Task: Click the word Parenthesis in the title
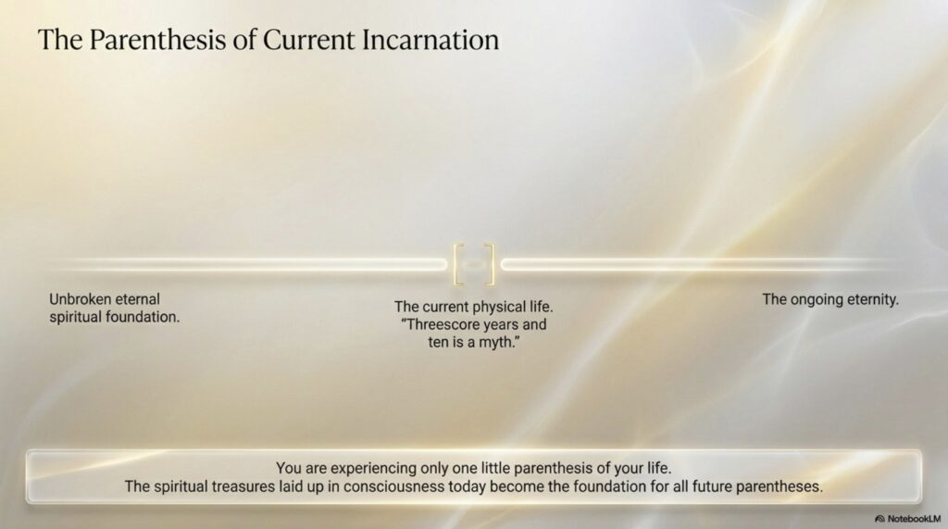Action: [157, 41]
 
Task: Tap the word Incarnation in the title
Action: [430, 40]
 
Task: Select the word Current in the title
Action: [309, 40]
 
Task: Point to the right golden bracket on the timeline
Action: [490, 264]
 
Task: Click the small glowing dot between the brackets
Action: [475, 264]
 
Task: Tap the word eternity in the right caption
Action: [873, 299]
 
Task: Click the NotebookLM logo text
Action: [914, 519]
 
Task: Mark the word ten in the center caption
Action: [438, 342]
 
